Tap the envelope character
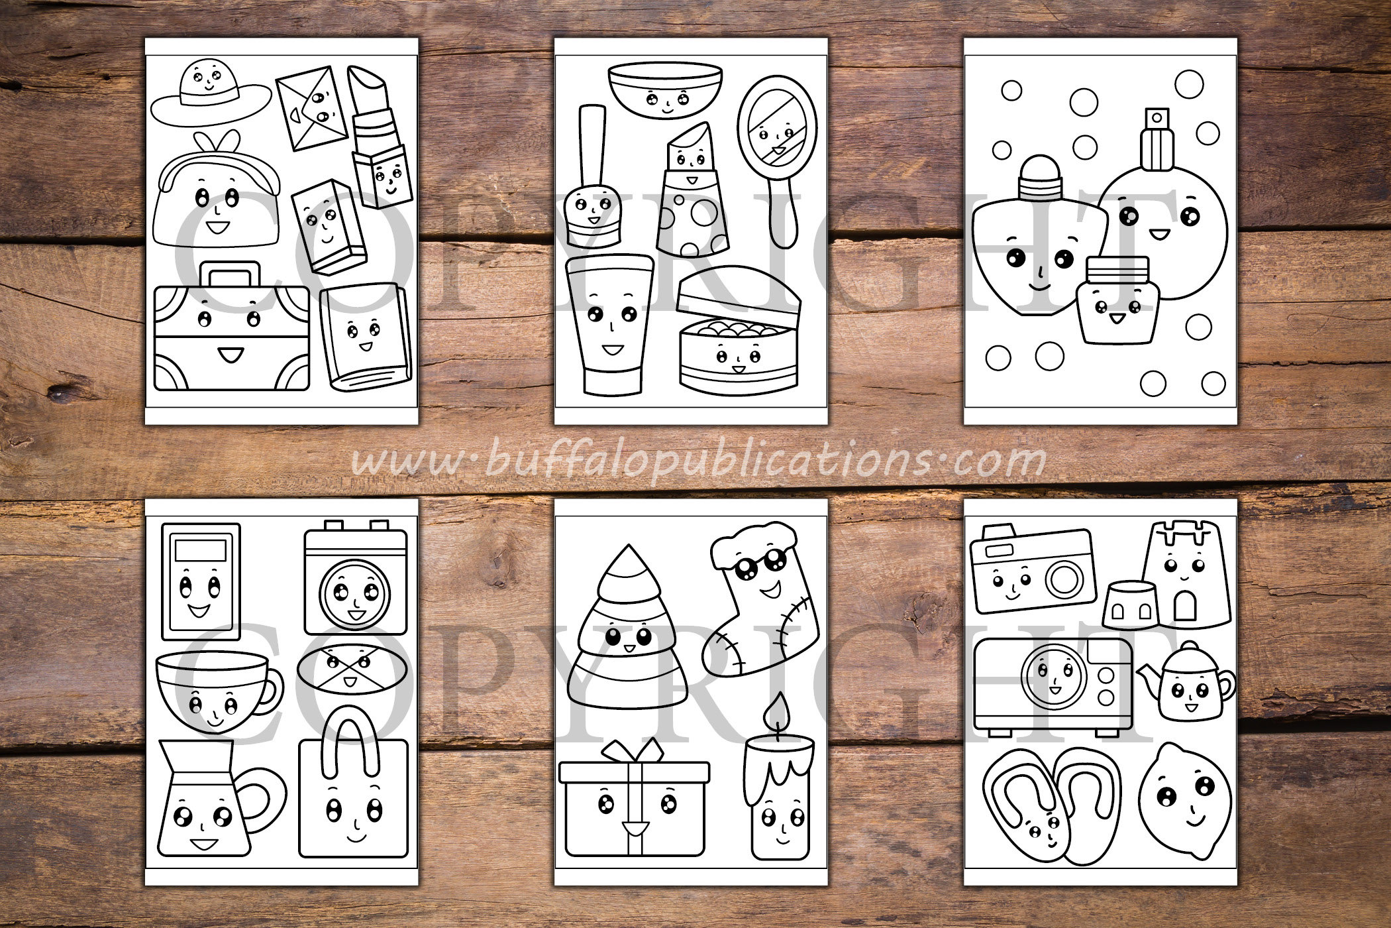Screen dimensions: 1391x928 click(x=312, y=111)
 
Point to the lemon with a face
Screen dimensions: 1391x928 click(x=1185, y=802)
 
